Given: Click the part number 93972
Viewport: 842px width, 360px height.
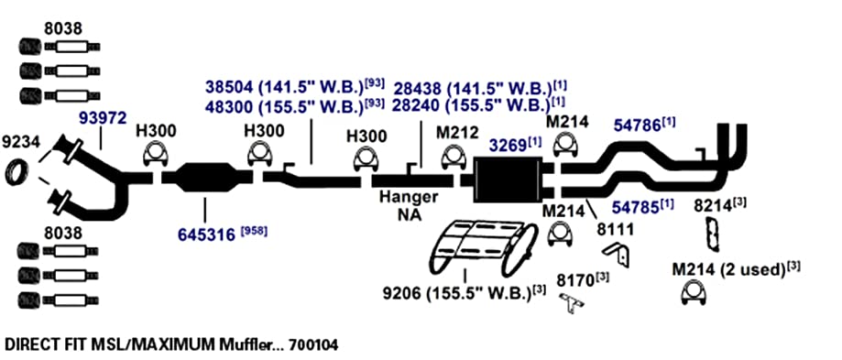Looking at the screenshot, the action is tap(104, 117).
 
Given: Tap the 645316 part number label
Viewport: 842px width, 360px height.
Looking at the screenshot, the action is tap(207, 235).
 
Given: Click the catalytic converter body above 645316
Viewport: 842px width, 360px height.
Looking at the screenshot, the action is tap(207, 178).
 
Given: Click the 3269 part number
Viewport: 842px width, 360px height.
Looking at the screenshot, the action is tap(508, 145).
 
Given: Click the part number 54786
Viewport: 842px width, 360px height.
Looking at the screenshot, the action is tap(637, 125).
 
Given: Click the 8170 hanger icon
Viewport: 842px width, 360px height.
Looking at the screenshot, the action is tap(572, 302).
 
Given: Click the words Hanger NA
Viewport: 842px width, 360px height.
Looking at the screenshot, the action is tap(409, 205).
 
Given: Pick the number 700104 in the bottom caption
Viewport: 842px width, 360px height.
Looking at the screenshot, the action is tap(313, 344).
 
